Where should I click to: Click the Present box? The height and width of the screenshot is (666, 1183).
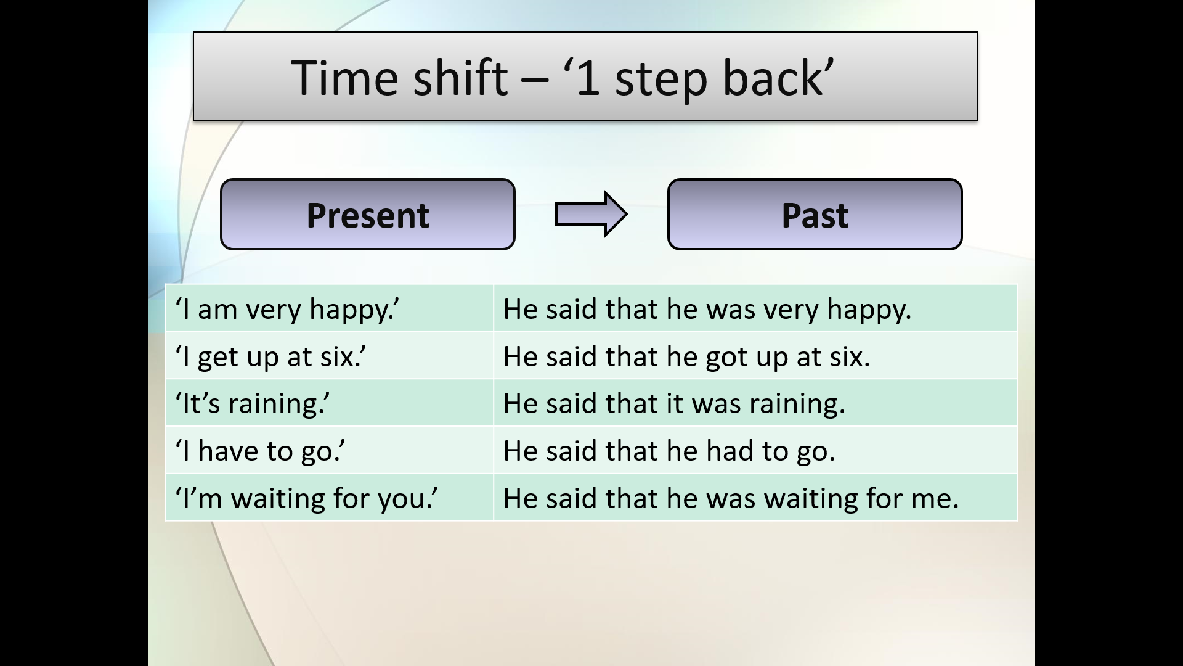(x=368, y=215)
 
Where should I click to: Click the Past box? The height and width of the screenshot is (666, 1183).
(x=815, y=215)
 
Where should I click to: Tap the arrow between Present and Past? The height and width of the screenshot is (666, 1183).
(x=591, y=214)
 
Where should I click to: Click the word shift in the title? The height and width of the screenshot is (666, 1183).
(x=460, y=78)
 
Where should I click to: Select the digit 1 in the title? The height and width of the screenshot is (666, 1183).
(x=588, y=79)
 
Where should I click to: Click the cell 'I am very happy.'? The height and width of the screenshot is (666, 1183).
(x=329, y=308)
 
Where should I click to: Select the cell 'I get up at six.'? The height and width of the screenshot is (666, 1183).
(x=329, y=356)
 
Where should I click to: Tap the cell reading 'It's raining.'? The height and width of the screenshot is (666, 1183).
(x=329, y=403)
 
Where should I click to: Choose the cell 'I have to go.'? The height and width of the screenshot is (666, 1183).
(x=329, y=450)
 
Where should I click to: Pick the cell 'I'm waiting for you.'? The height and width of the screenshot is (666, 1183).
(x=329, y=498)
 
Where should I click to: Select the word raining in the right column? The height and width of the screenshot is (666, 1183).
(x=797, y=405)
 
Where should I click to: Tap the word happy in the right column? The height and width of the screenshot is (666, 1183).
(x=868, y=310)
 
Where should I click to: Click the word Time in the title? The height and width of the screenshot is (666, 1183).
(x=345, y=78)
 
